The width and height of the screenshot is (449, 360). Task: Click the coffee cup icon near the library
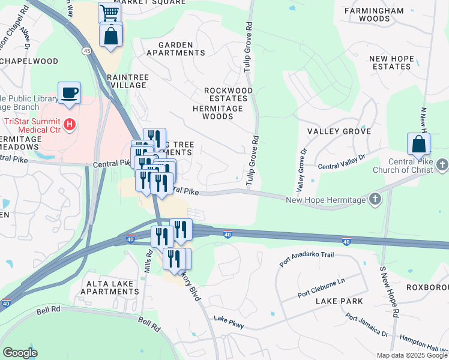[x=69, y=93]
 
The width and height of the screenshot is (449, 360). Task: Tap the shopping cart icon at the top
[x=109, y=12]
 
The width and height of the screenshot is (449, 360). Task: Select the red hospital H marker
[x=70, y=125]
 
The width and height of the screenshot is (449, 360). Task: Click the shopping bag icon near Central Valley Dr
[x=418, y=144]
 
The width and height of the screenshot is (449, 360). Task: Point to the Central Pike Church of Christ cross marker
[x=442, y=164]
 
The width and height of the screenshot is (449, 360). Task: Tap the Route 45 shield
[x=88, y=52]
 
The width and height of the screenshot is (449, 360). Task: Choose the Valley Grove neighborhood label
[x=339, y=131]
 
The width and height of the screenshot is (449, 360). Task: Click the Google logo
[x=20, y=353]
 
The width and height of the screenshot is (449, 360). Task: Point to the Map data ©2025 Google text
[x=411, y=355]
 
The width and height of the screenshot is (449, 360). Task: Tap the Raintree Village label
[x=126, y=82]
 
